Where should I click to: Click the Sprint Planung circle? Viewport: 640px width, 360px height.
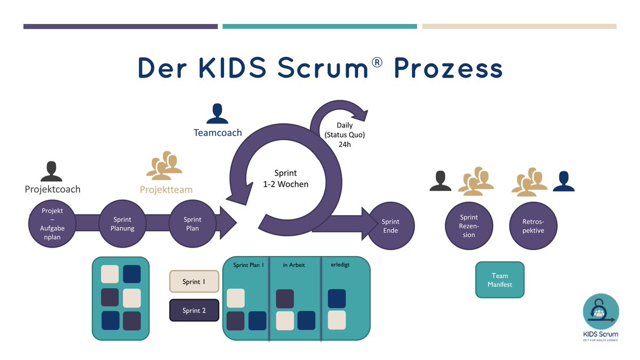click(123, 224)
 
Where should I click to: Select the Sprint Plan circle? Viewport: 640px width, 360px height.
click(193, 224)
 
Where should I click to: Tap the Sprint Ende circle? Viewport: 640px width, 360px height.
click(390, 226)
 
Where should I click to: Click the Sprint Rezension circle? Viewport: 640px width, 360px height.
click(469, 226)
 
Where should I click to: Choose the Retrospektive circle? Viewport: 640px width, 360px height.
click(534, 226)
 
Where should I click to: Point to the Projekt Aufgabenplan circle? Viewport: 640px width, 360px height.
click(52, 224)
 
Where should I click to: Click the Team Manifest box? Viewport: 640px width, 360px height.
click(500, 280)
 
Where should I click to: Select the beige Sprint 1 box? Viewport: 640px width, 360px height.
click(194, 282)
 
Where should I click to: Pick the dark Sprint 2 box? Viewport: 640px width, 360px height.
click(194, 310)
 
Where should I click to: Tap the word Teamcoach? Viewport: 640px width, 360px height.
click(217, 133)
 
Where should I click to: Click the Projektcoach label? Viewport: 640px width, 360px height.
click(52, 189)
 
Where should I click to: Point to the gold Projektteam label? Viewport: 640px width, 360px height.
click(166, 189)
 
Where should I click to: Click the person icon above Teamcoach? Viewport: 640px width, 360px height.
click(217, 114)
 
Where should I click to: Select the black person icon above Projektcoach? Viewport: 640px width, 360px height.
click(51, 171)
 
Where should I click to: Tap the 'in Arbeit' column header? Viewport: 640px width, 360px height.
click(294, 265)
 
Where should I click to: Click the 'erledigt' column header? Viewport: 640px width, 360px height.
click(340, 265)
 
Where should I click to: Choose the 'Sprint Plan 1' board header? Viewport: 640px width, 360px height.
click(249, 265)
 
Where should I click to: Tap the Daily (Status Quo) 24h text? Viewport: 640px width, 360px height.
click(345, 134)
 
